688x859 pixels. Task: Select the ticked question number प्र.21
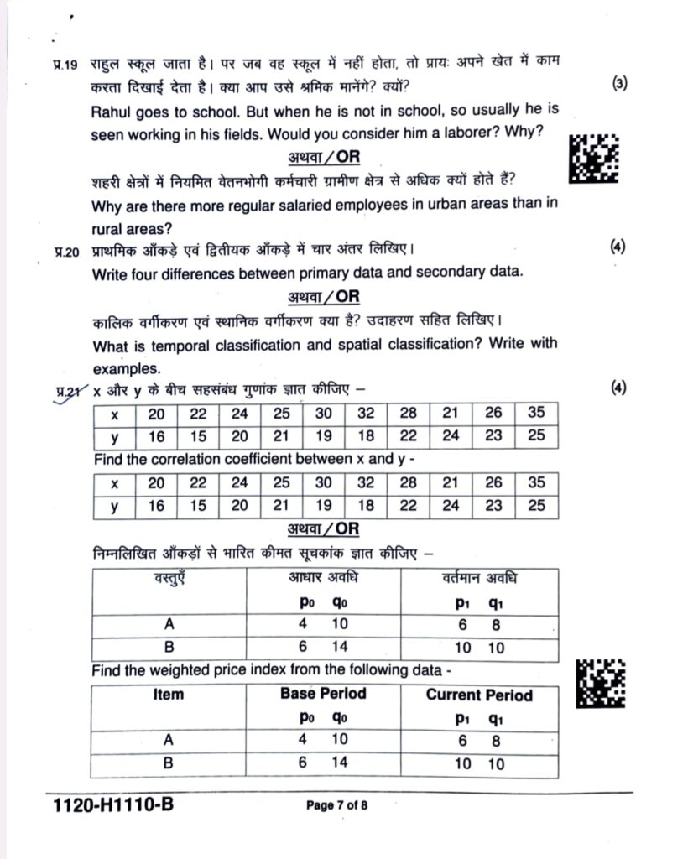pyautogui.click(x=65, y=390)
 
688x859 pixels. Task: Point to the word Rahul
pyautogui.click(x=112, y=111)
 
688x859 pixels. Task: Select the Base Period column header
pyautogui.click(x=323, y=695)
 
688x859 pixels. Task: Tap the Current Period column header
pyautogui.click(x=478, y=695)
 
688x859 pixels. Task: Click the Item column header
pyautogui.click(x=169, y=695)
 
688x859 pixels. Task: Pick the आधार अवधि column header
pyautogui.click(x=323, y=578)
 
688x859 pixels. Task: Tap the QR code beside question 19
pyautogui.click(x=593, y=156)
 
